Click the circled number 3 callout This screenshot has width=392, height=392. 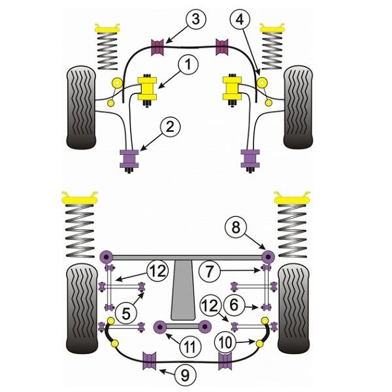coord(196,20)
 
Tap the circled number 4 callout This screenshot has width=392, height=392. coord(239,20)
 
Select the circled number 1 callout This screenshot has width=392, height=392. coord(188,64)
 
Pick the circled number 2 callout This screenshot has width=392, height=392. coord(170,127)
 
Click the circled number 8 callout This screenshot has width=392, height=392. coord(235,227)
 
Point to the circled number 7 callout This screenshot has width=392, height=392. coord(210,270)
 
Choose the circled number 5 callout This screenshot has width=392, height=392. coord(126,313)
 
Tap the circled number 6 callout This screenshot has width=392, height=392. coord(234,304)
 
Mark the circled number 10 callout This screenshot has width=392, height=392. coord(225,342)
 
